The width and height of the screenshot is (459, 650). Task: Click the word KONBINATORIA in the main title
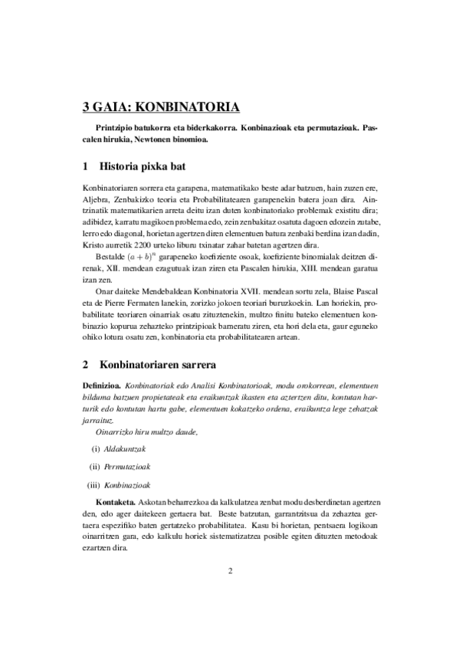click(x=192, y=107)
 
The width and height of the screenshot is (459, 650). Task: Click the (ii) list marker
click(x=95, y=467)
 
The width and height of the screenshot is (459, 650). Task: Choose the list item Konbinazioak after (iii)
click(x=127, y=485)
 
